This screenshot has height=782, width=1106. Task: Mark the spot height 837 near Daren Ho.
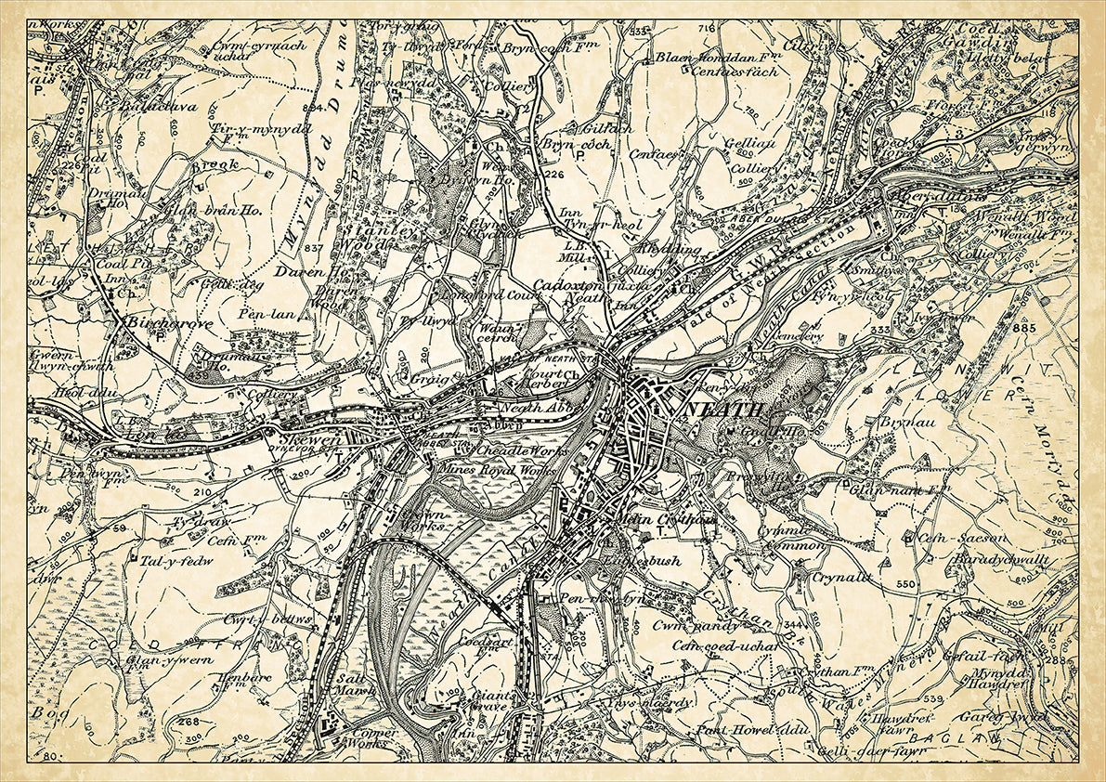point(313,248)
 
